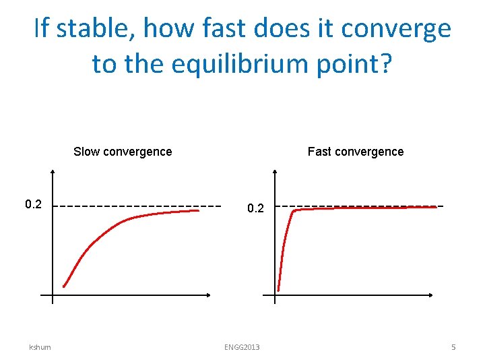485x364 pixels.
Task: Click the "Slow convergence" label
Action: pos(123,152)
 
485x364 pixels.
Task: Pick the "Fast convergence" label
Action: pos(356,152)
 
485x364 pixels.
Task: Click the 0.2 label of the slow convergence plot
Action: pos(34,204)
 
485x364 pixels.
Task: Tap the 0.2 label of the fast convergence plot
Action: pos(255,209)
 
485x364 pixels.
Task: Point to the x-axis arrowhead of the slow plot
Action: pos(209,295)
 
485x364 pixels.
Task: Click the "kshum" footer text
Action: pos(40,347)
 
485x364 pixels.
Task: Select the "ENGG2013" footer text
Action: pos(242,347)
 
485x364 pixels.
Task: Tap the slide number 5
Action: pos(453,347)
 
